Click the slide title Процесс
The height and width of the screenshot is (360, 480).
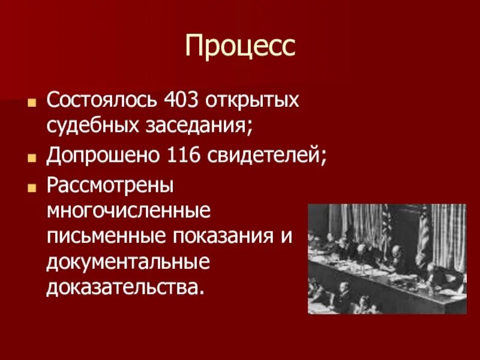coord(240,47)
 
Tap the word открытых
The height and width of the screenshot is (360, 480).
coord(252,101)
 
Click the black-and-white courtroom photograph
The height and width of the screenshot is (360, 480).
coord(387,259)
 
